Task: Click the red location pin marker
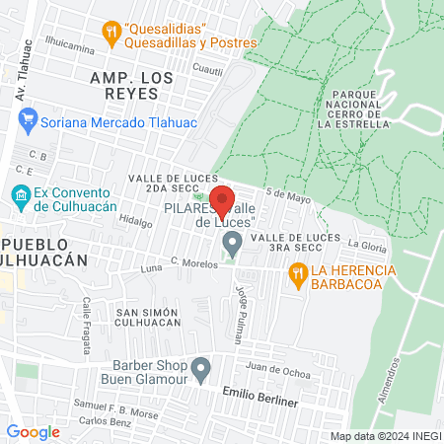[223, 200]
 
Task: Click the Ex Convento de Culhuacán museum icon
[20, 194]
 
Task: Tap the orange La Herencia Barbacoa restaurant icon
[295, 278]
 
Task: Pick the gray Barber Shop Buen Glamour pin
[201, 370]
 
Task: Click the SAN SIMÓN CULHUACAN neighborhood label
[148, 317]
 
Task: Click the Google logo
[33, 431]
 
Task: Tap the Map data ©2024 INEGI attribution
[384, 436]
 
